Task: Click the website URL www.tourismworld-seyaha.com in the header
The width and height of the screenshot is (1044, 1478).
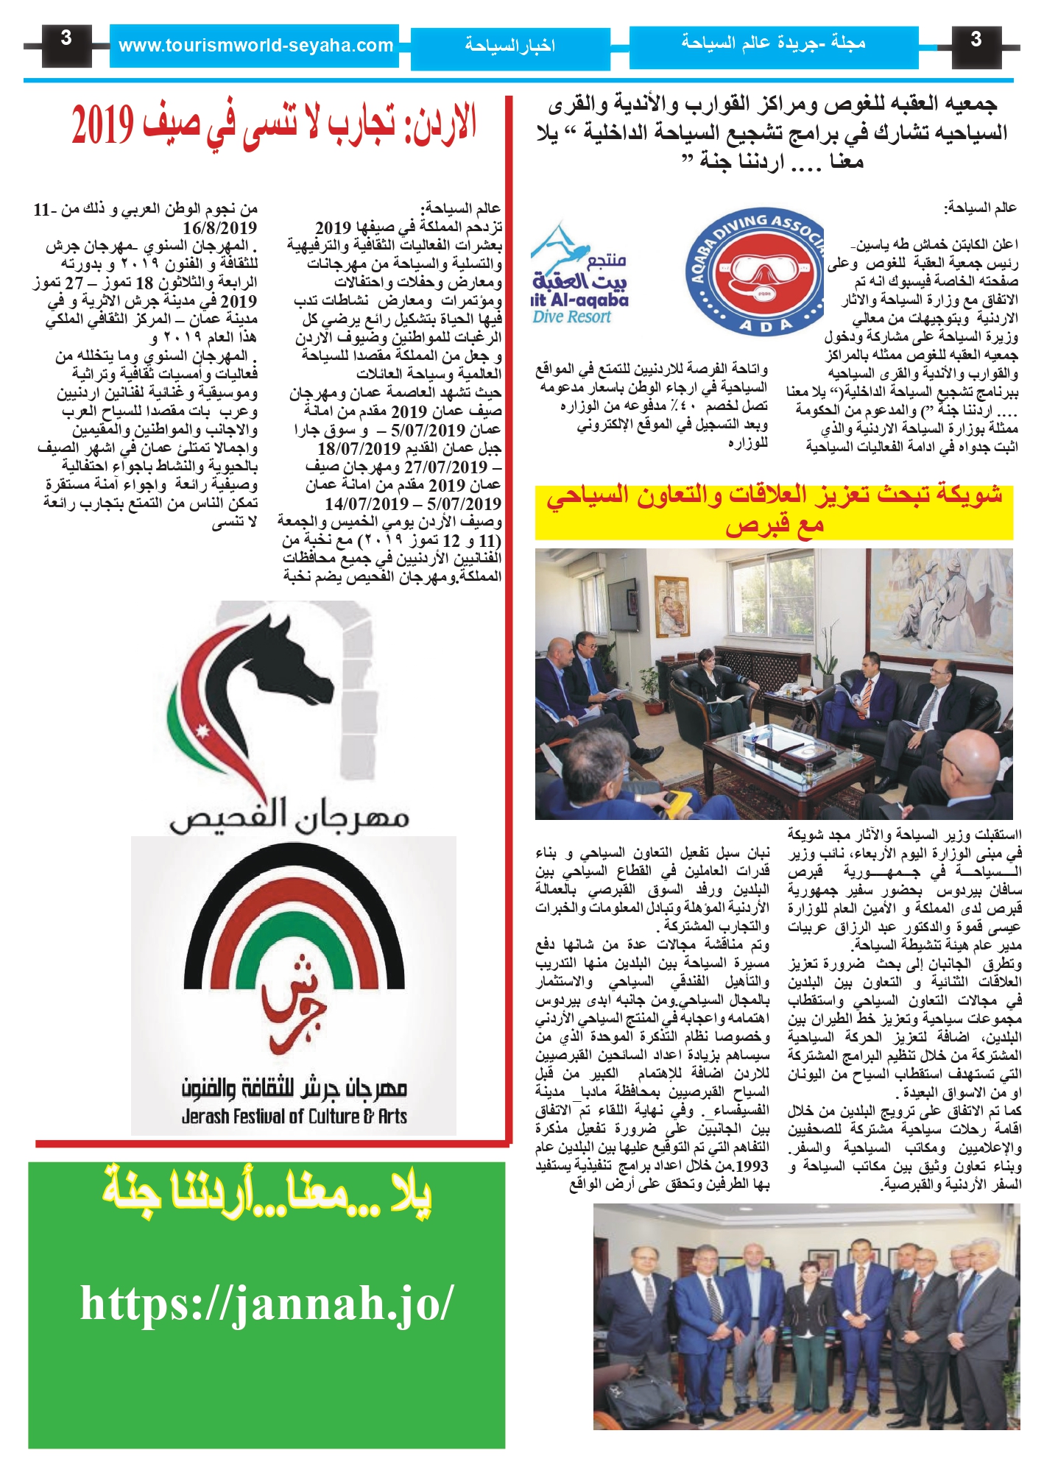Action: pos(255,46)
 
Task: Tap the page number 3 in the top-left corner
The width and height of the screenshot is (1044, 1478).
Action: pos(66,39)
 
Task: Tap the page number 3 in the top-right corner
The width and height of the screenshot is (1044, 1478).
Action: pos(976,39)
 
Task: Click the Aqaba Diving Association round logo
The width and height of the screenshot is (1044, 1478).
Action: pos(755,272)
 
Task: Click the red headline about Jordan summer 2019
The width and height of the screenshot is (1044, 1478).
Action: pos(274,124)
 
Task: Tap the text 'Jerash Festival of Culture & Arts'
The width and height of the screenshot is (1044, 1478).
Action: pos(294,1117)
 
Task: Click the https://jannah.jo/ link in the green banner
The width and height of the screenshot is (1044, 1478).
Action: pos(267,1304)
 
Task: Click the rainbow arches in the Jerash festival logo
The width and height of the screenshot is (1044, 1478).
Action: pos(294,913)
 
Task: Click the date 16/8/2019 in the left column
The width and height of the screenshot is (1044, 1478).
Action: pos(220,227)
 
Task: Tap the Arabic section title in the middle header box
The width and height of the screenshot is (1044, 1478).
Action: pos(509,46)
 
